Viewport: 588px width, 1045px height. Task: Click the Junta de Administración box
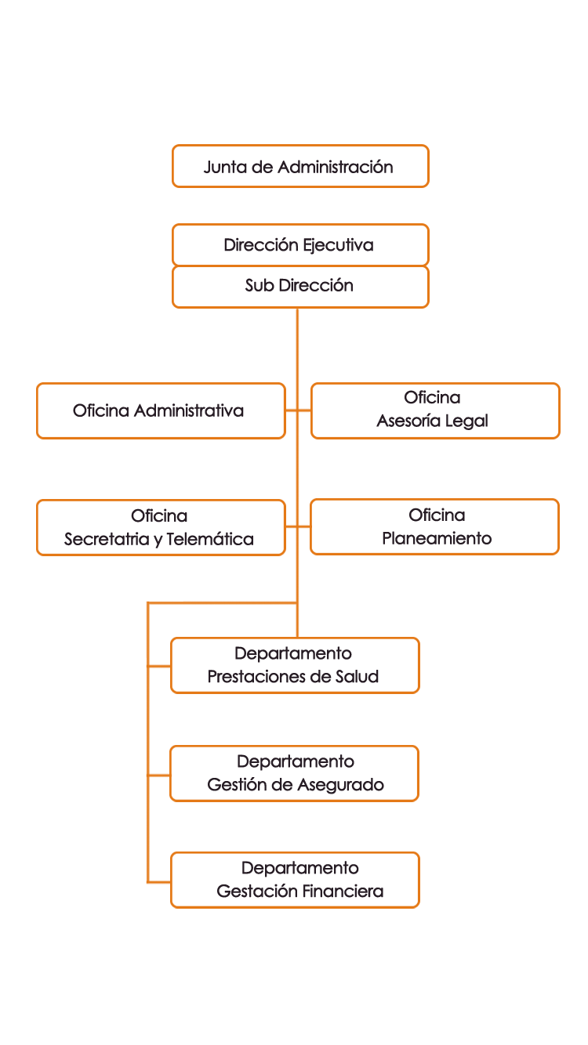(300, 166)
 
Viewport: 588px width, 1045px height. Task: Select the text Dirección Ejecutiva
(299, 245)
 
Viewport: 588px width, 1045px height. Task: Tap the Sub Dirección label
(299, 285)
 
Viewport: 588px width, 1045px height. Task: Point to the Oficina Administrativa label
(158, 410)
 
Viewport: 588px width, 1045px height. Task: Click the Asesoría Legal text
(433, 421)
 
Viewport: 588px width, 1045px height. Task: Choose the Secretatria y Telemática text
(158, 539)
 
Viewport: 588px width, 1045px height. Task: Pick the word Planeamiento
(437, 538)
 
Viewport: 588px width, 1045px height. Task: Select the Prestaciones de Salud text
(294, 676)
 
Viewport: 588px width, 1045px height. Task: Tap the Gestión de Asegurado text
(296, 784)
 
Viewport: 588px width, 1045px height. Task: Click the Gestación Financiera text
(300, 891)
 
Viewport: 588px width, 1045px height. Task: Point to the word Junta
(222, 166)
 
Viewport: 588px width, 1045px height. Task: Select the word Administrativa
(189, 410)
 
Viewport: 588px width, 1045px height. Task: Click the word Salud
(358, 676)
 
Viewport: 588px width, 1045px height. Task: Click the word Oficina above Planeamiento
(437, 515)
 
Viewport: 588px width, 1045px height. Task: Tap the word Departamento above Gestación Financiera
(300, 868)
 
